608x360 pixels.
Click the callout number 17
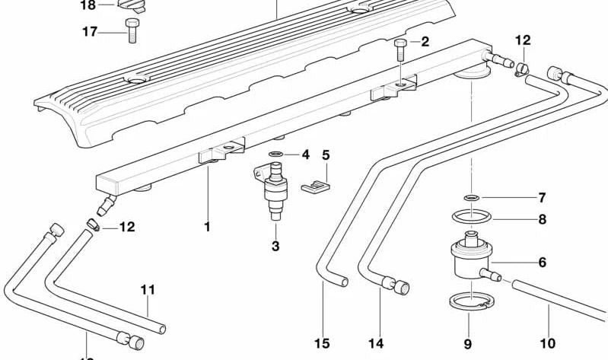[x=90, y=32]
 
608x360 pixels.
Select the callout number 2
[x=425, y=42]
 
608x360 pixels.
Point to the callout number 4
[x=305, y=155]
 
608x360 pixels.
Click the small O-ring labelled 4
[x=276, y=155]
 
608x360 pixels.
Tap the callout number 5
[x=326, y=155]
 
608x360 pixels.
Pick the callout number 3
[x=275, y=246]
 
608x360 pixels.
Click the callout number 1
[x=206, y=226]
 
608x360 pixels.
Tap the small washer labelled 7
[x=472, y=198]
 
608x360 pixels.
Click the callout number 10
[x=547, y=343]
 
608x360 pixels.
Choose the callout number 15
[x=322, y=343]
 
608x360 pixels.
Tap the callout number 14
[x=376, y=343]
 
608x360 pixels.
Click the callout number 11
[x=148, y=289]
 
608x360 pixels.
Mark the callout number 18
[x=88, y=5]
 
